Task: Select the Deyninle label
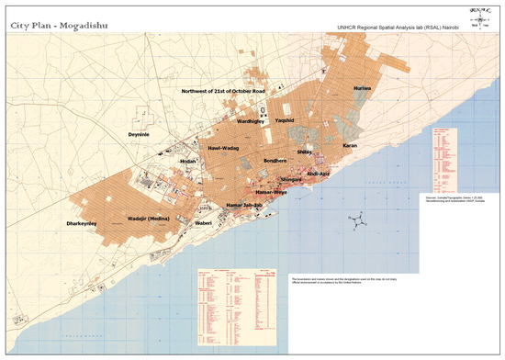[x=144, y=134]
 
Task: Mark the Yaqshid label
[x=285, y=121]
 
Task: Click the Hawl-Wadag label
[x=223, y=148]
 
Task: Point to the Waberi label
[x=204, y=222]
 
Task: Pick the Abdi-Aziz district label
[x=317, y=172]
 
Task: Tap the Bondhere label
[x=275, y=161]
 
